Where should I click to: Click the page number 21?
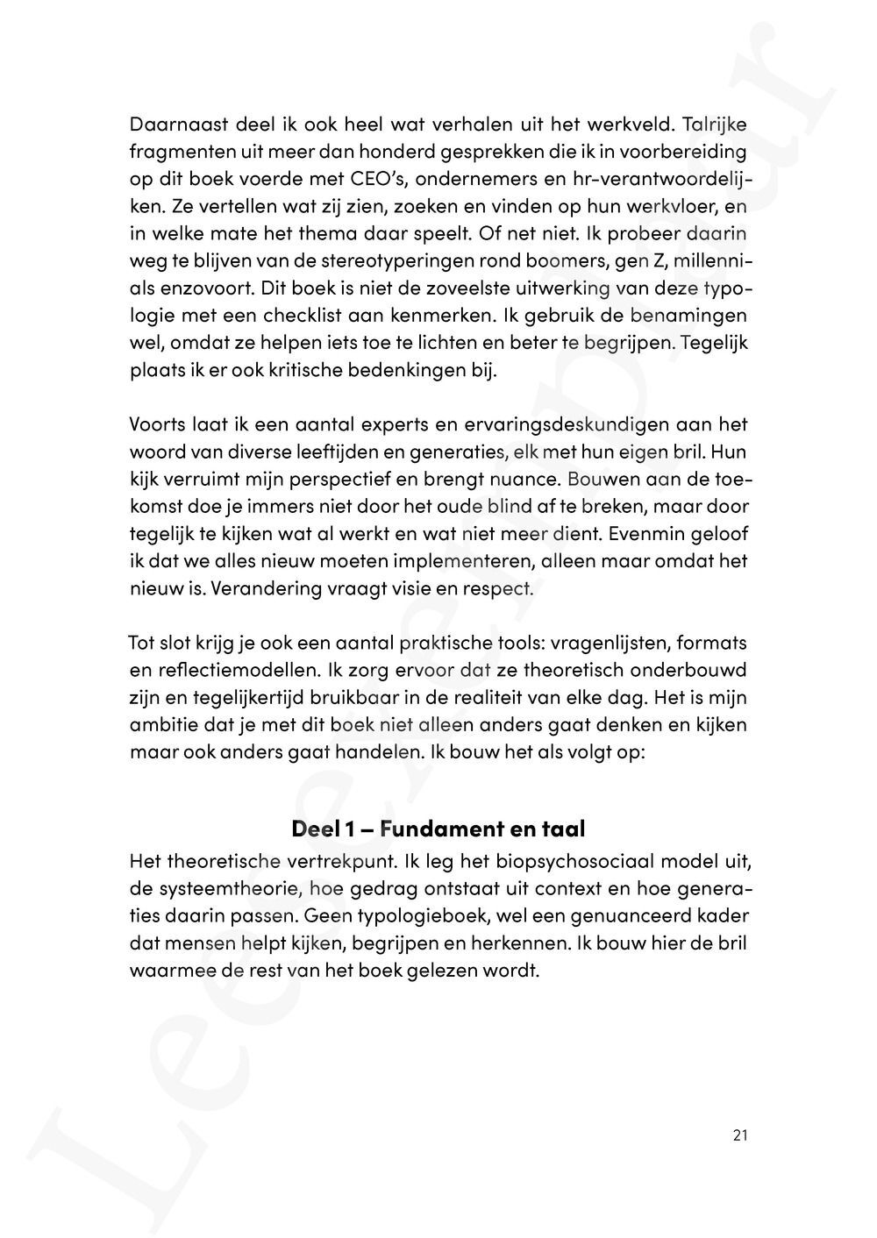tap(739, 1136)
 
